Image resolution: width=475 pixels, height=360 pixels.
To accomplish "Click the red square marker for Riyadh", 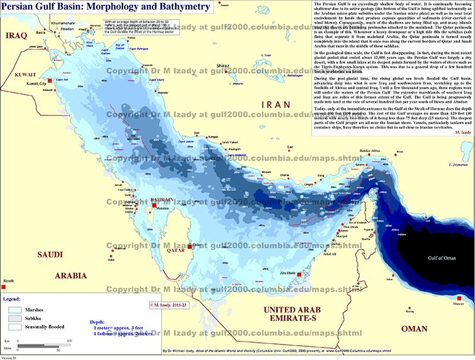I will point(4,288).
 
